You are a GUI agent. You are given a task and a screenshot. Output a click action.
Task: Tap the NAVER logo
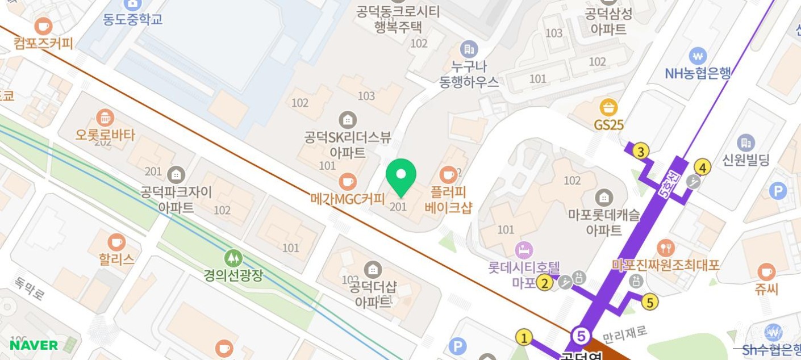[x=34, y=345]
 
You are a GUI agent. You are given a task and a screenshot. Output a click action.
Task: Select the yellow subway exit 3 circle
[x=641, y=152]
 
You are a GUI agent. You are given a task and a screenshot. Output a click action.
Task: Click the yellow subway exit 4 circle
[x=703, y=168]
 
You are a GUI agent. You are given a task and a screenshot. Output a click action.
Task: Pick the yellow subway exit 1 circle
[x=524, y=338]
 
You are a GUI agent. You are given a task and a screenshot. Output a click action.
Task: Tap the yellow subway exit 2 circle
[x=545, y=282]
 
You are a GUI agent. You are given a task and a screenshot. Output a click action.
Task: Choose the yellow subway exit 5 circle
[x=650, y=302]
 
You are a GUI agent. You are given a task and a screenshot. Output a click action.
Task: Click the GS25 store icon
[x=609, y=107]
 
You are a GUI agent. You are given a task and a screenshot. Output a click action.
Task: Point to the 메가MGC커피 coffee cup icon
[x=347, y=182]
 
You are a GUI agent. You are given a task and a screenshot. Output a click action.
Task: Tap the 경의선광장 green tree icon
[x=232, y=258]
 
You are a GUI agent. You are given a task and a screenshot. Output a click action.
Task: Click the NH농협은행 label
[x=698, y=73]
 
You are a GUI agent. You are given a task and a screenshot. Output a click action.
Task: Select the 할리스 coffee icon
[x=116, y=242]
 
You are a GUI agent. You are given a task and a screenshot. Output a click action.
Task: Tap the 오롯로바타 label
[x=106, y=135]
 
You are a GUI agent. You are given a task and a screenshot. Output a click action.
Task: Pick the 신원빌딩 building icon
[x=745, y=143]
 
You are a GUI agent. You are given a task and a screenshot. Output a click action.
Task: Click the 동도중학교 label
[x=133, y=19]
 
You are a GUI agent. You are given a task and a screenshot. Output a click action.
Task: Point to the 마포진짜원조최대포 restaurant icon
[x=665, y=248]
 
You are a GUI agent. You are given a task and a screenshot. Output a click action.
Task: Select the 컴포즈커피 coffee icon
[x=43, y=26]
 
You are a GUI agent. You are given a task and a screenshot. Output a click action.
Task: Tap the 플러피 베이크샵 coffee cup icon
[x=449, y=174]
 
